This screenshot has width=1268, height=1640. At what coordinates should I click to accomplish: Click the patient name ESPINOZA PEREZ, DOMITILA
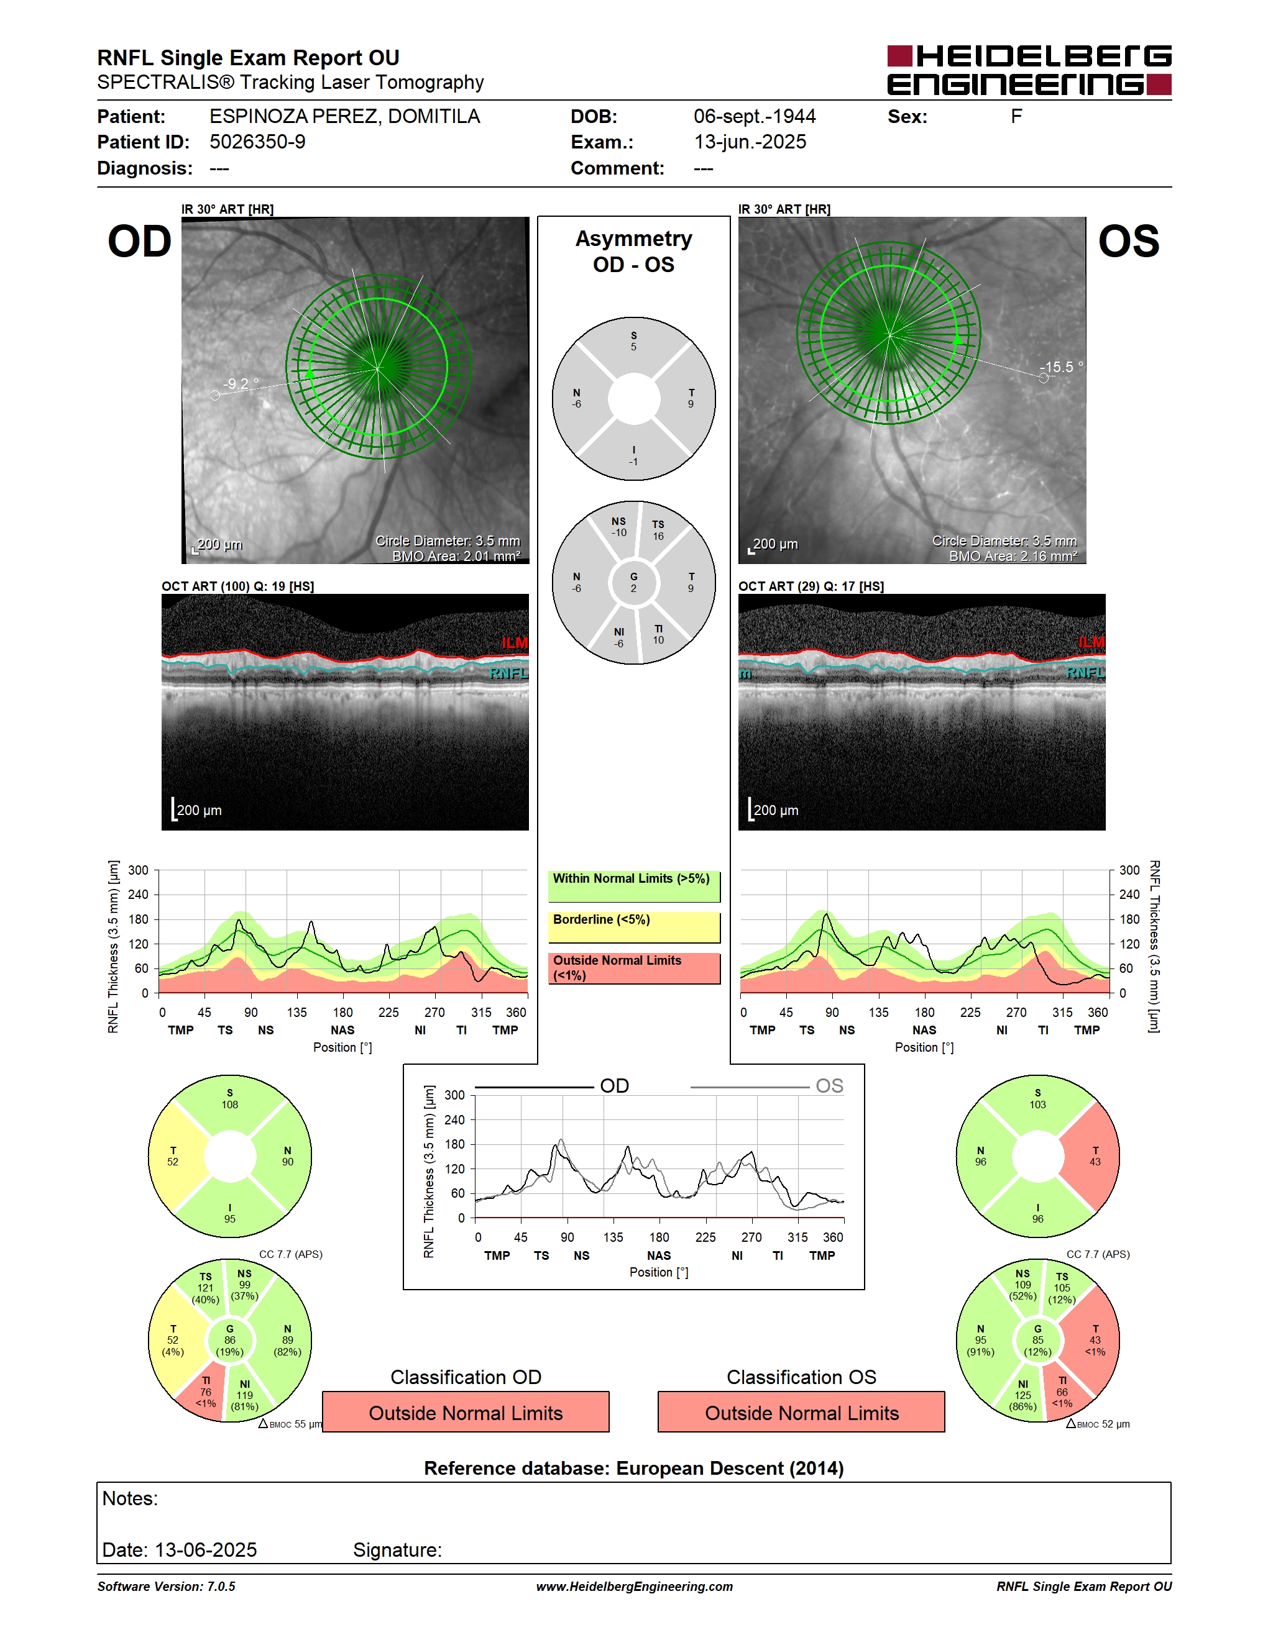point(345,116)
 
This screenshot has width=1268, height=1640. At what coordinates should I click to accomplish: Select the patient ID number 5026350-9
point(258,142)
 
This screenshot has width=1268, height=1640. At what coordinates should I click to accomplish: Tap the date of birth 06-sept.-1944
point(754,116)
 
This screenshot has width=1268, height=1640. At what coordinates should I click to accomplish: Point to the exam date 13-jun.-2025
point(750,142)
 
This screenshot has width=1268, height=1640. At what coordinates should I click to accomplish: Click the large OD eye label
point(140,242)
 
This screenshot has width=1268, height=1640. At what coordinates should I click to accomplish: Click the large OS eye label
point(1128,242)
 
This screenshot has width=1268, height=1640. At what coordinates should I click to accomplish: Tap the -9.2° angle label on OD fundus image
point(241,384)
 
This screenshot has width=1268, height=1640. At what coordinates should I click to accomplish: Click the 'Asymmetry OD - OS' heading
point(634,252)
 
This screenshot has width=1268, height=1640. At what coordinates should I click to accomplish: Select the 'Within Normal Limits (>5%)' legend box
point(634,886)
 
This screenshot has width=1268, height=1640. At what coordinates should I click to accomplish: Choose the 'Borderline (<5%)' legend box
point(634,927)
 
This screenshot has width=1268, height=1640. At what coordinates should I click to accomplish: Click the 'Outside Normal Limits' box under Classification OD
point(466,1412)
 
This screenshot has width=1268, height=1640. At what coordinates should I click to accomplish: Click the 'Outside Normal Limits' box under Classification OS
point(802,1412)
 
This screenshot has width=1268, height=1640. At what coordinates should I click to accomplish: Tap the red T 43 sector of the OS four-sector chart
point(1094,1157)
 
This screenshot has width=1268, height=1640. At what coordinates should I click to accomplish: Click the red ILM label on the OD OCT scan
point(515,643)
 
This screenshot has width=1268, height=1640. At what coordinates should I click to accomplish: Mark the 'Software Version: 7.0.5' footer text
point(166,1586)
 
